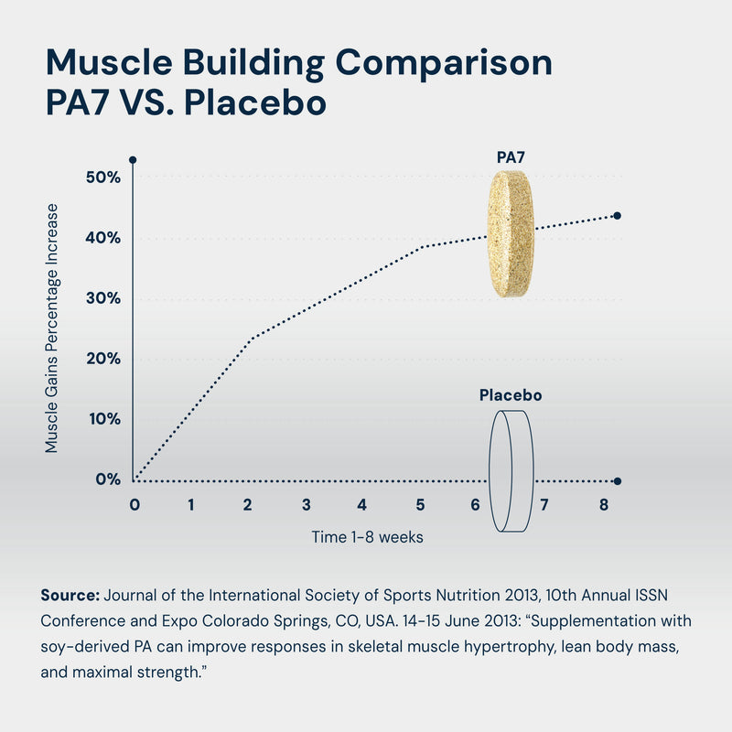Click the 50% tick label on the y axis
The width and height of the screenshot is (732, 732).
(x=102, y=177)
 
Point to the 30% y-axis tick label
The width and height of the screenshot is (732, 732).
(x=102, y=298)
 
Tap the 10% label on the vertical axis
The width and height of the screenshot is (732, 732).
(x=103, y=419)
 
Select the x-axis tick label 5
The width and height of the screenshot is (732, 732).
(x=419, y=504)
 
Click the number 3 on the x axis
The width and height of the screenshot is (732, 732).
(x=305, y=504)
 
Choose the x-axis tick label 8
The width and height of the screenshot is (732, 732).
(x=602, y=504)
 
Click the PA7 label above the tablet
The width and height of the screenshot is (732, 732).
(x=511, y=157)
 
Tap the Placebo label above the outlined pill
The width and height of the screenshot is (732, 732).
(x=511, y=396)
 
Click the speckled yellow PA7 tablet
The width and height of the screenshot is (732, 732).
(x=510, y=233)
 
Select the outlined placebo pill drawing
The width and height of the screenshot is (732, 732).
(x=511, y=470)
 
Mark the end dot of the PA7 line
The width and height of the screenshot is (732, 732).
(x=617, y=216)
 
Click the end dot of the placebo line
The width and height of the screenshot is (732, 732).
(x=618, y=481)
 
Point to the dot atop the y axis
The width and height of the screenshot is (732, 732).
(x=133, y=160)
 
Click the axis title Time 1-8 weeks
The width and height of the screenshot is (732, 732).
(x=367, y=537)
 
